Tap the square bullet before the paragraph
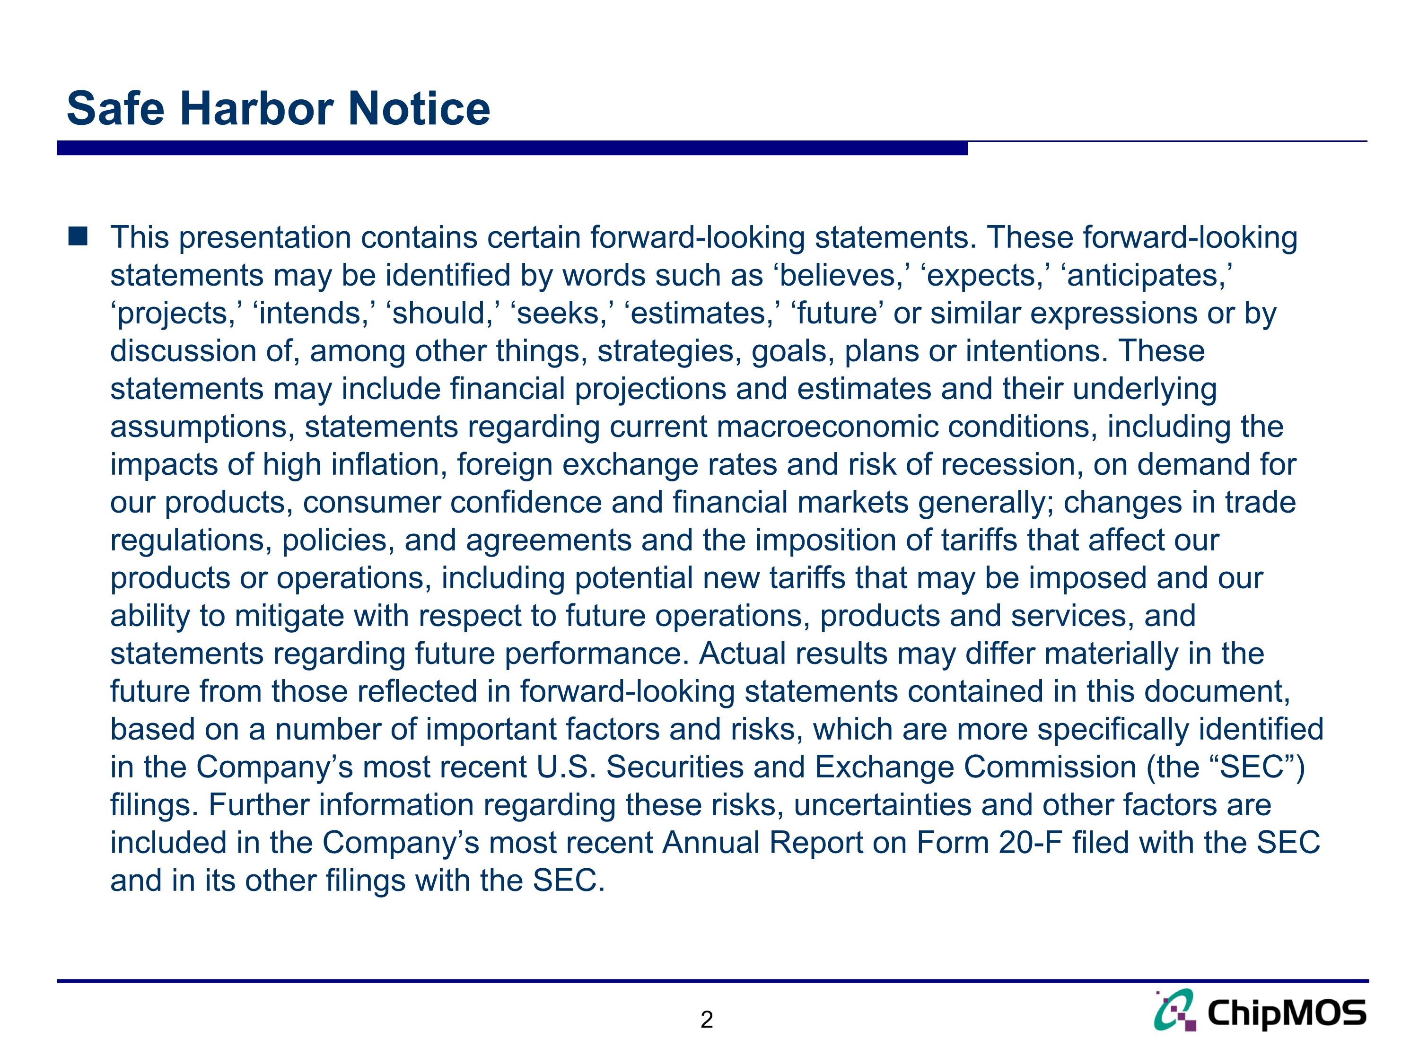78,236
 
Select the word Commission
1050,767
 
